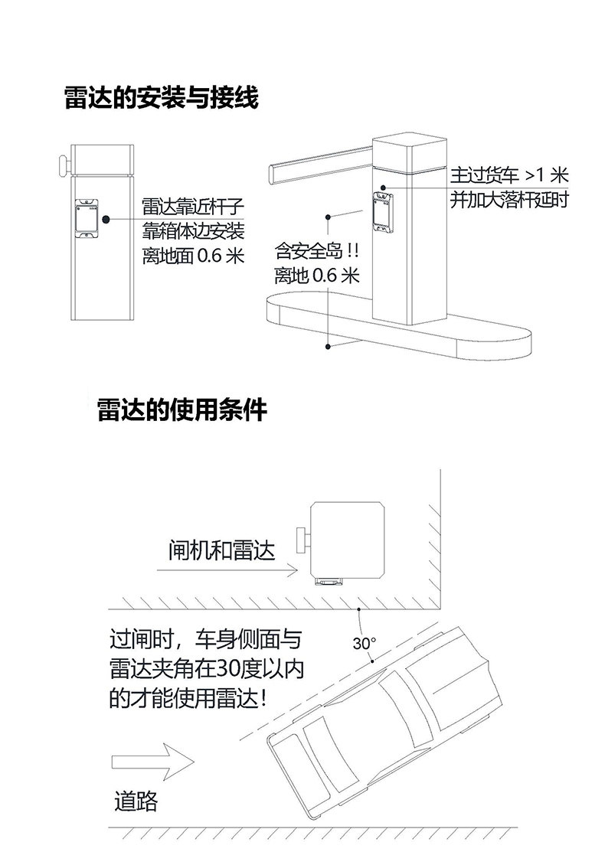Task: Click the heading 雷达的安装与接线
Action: click(x=161, y=98)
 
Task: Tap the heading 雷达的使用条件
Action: click(x=182, y=410)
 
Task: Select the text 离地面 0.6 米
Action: click(x=193, y=255)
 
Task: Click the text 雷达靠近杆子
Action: click(x=193, y=207)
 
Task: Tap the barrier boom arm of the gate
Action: click(x=321, y=164)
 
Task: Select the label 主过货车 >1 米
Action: click(x=509, y=175)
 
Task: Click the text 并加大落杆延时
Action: click(x=509, y=200)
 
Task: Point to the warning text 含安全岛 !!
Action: click(x=316, y=251)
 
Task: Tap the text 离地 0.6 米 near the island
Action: click(x=316, y=276)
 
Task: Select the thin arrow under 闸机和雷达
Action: click(x=227, y=571)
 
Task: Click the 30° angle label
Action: click(x=364, y=644)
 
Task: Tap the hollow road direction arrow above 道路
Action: click(x=152, y=762)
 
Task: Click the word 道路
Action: click(x=136, y=801)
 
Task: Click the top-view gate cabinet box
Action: click(x=348, y=540)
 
